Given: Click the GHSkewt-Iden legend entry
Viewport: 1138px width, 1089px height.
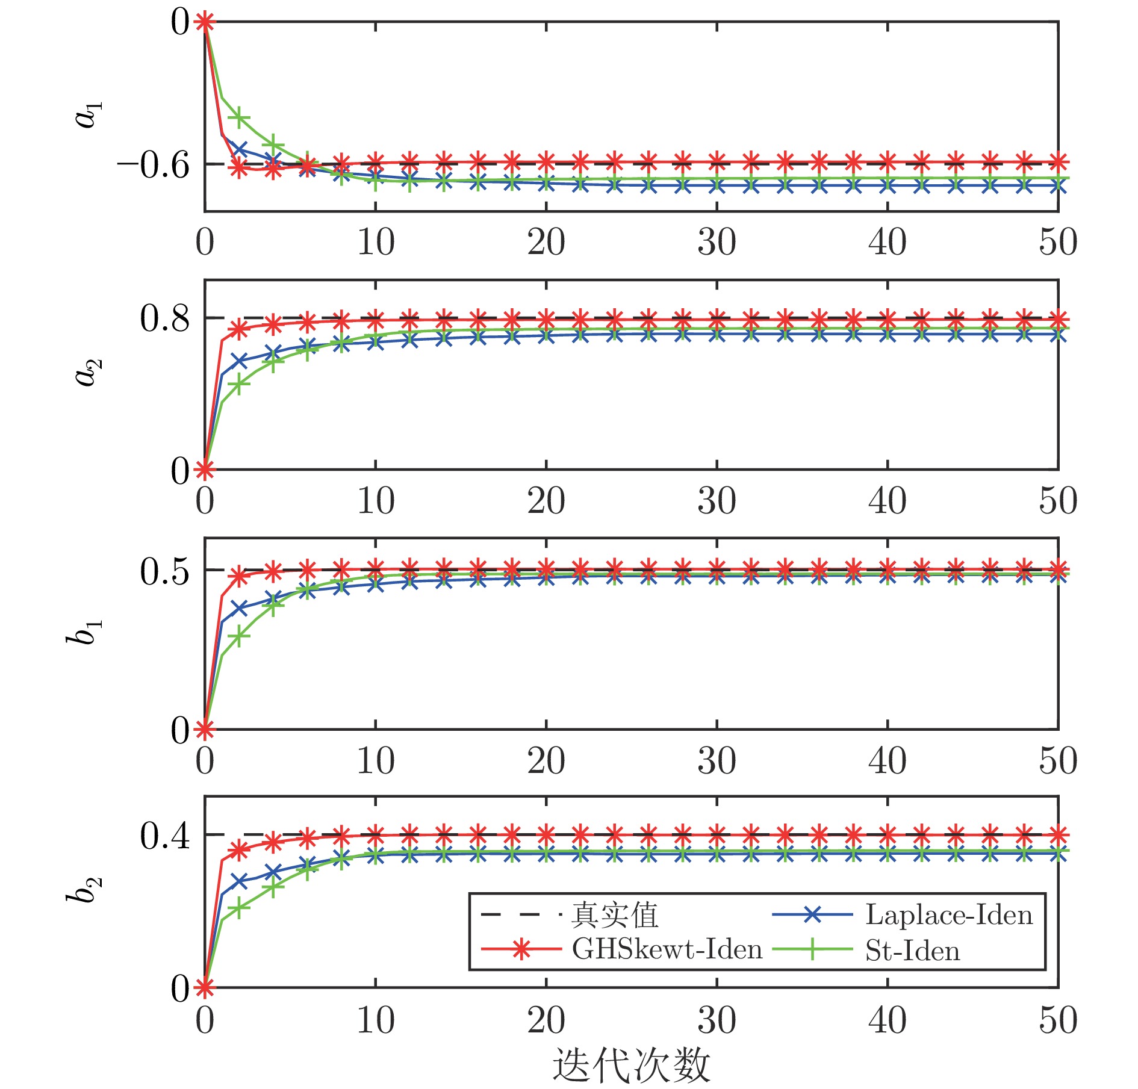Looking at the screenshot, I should point(667,949).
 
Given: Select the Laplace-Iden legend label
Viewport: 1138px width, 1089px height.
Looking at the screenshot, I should point(949,915).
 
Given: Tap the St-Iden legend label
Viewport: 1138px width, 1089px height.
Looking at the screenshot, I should point(912,951).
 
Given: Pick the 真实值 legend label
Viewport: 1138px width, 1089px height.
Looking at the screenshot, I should point(615,915).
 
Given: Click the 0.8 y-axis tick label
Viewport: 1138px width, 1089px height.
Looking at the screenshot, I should point(165,318).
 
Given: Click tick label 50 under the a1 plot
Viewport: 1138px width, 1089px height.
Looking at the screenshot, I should point(1057,243).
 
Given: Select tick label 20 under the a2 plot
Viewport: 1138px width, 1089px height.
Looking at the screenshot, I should point(546,501).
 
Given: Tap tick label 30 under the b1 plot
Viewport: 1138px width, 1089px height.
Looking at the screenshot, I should point(717,761).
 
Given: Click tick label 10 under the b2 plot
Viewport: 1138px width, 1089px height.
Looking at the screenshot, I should point(376,1020).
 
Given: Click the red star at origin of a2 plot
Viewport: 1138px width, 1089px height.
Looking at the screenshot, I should point(205,469).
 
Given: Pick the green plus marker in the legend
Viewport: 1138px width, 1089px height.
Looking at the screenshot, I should point(812,949).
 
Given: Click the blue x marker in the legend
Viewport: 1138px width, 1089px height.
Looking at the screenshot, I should point(812,915).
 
